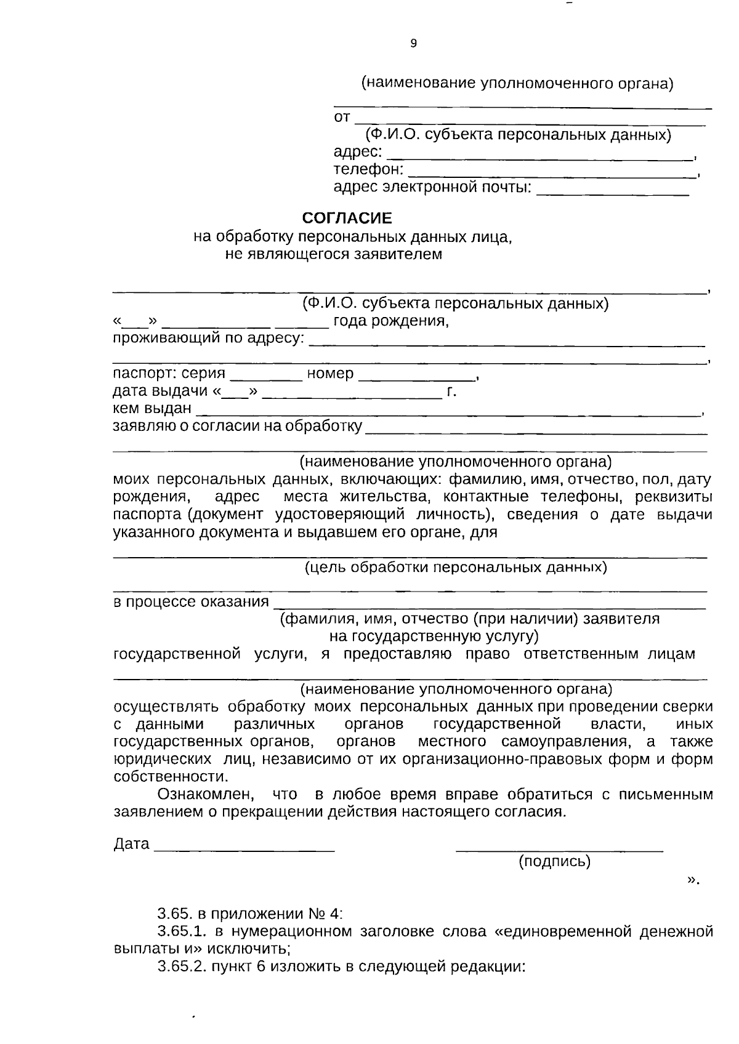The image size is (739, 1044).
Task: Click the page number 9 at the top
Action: point(413,44)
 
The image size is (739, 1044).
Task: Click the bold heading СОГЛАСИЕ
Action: point(347,219)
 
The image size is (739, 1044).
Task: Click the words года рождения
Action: point(389,321)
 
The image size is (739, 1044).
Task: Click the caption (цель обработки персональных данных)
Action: point(456,567)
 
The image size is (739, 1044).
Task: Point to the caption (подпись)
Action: point(555,861)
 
